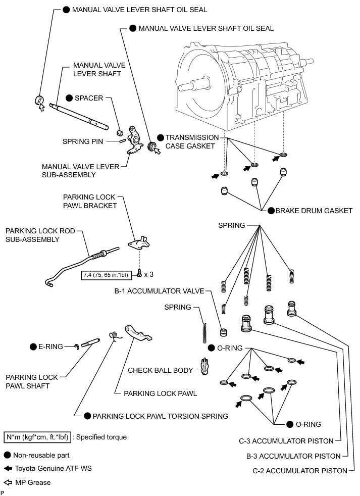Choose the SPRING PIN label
(83, 142)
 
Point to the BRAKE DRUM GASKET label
(314, 211)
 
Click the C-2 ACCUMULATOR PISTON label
(300, 471)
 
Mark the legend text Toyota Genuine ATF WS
(53, 468)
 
